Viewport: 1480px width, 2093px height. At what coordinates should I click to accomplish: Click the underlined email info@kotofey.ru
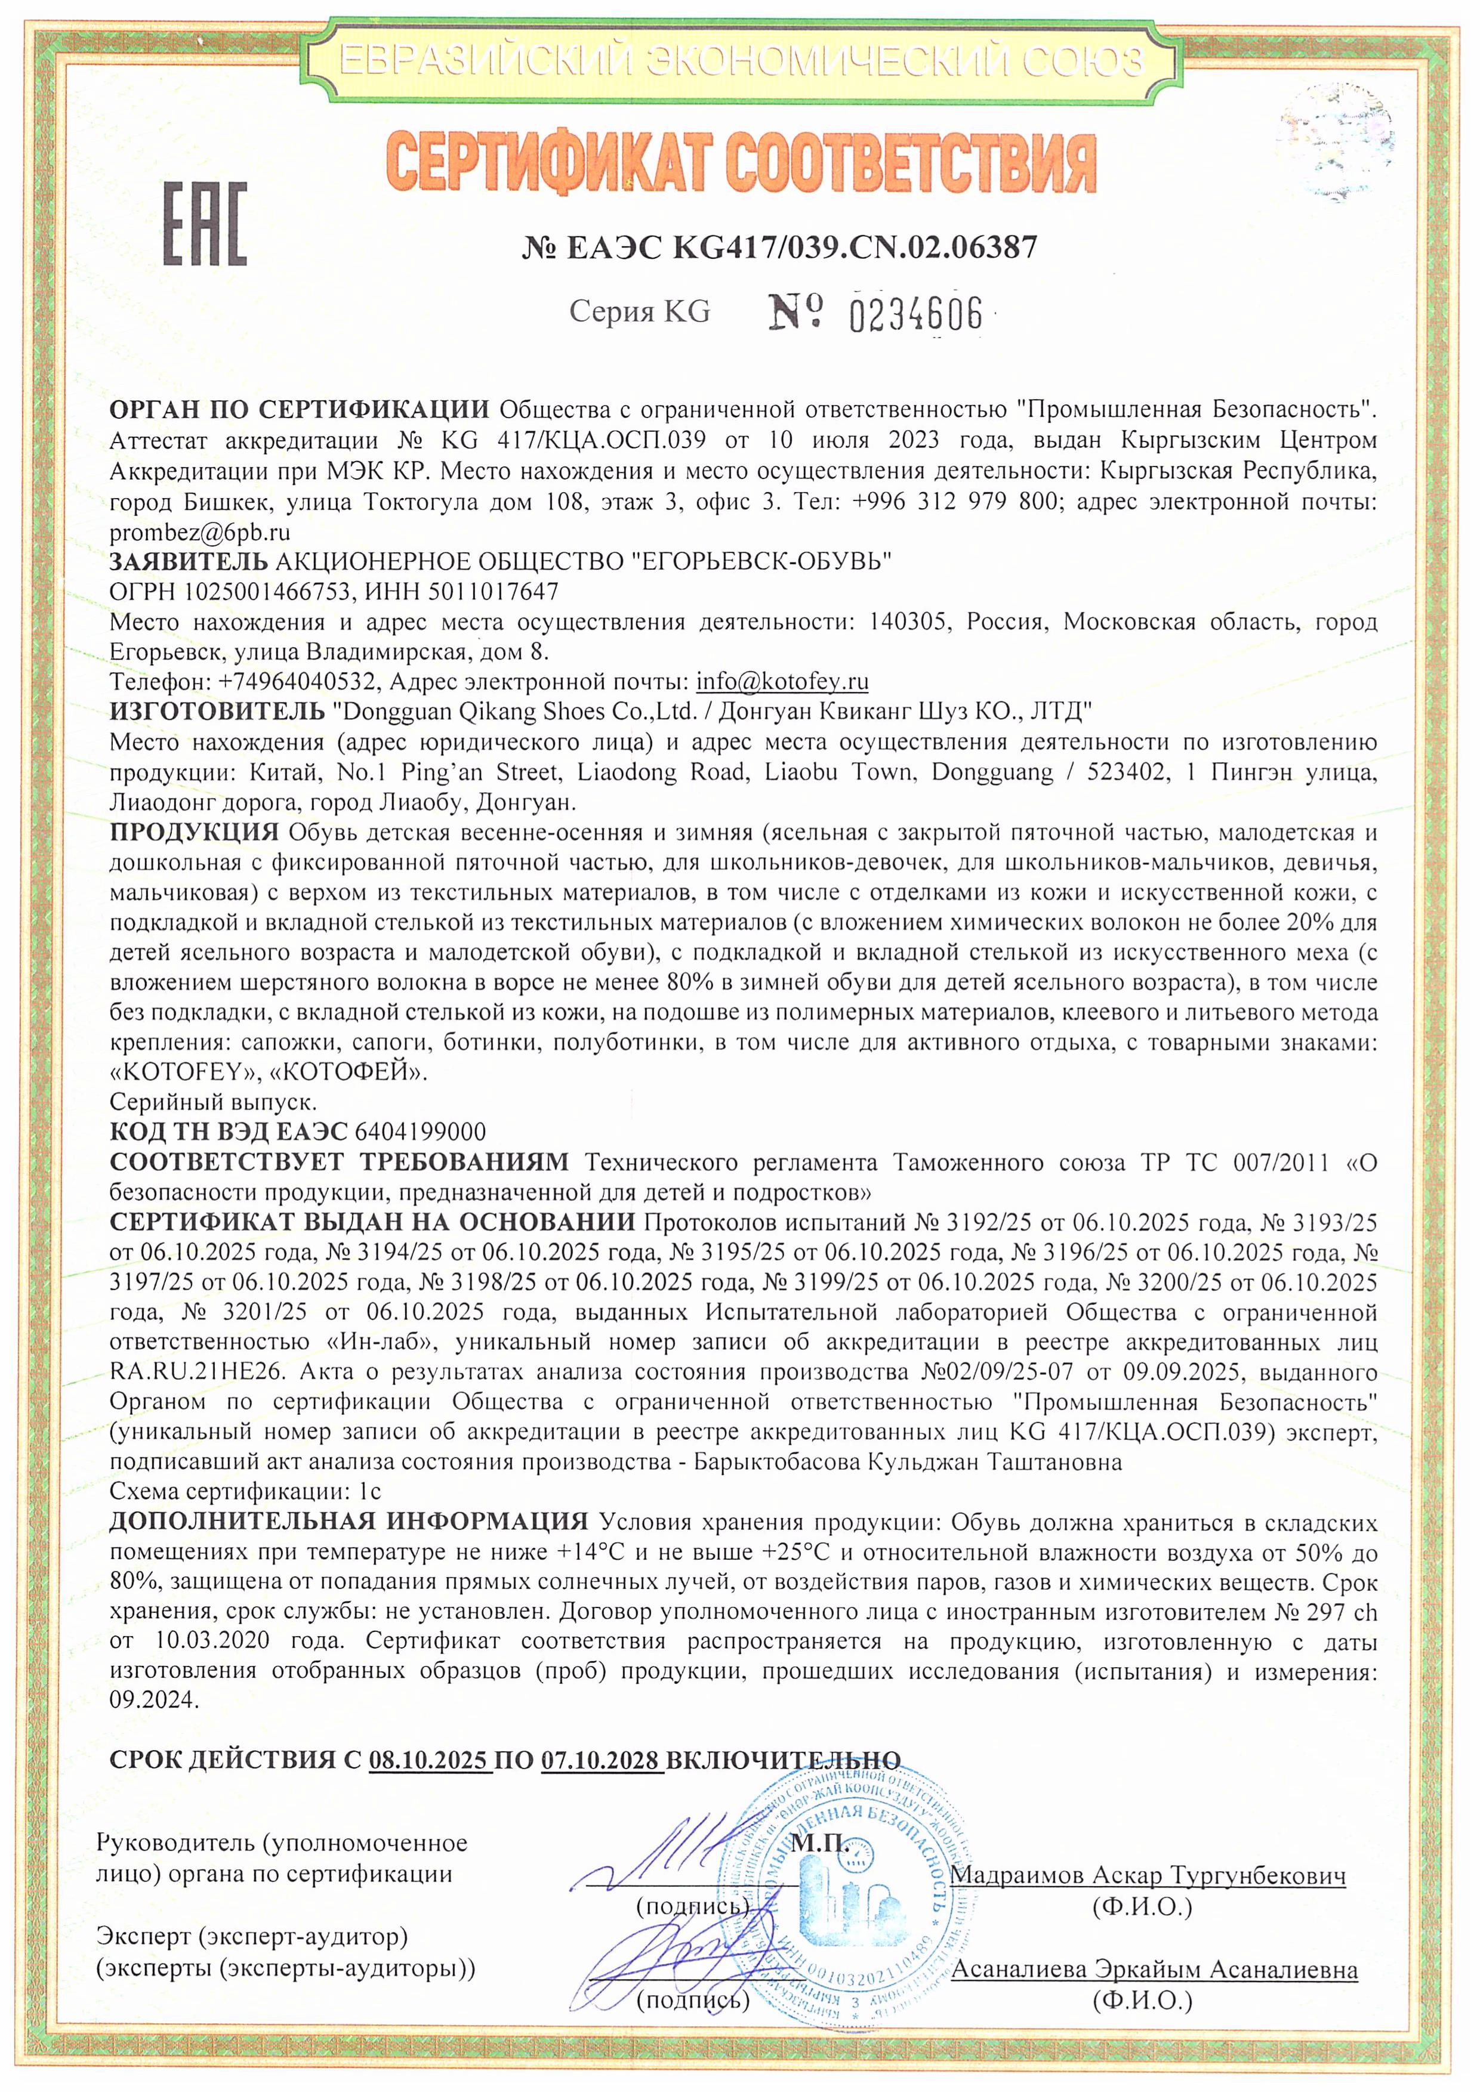click(x=782, y=682)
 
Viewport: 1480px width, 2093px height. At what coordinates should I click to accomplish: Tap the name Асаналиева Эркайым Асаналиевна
click(x=1154, y=1969)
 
